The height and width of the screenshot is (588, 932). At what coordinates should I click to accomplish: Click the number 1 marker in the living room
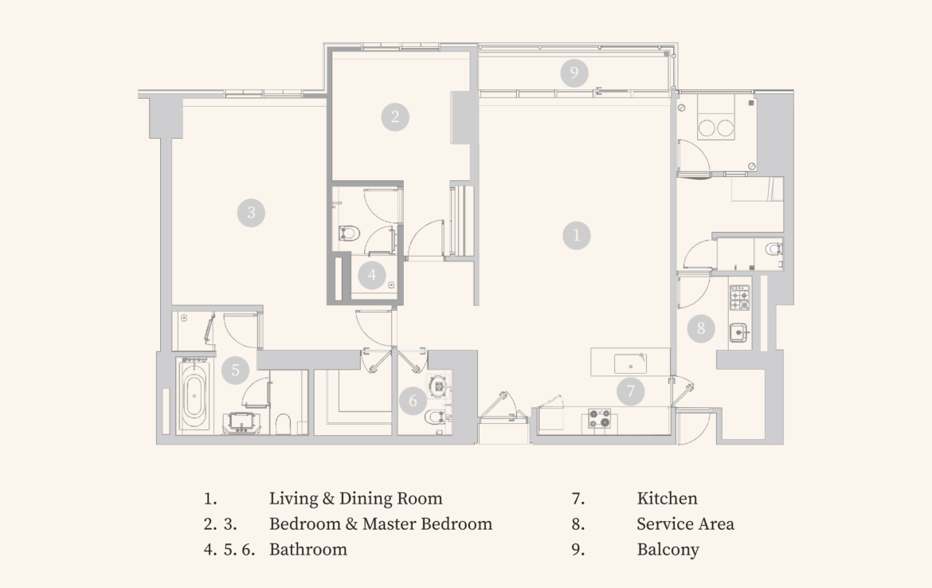pos(576,235)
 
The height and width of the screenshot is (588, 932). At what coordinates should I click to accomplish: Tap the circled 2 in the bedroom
pos(395,117)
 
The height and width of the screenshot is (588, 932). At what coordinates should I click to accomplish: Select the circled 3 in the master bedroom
pos(251,213)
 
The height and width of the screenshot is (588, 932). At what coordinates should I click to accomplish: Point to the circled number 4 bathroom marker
pos(372,275)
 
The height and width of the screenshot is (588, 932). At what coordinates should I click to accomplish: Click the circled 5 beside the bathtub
pos(235,370)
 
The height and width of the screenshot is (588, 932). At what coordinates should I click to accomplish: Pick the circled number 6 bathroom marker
pos(413,401)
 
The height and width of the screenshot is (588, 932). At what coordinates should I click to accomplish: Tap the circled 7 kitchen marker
pos(631,391)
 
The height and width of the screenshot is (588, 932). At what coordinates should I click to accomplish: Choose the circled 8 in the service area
pos(701,328)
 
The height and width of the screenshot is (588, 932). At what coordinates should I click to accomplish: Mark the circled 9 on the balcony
pos(574,73)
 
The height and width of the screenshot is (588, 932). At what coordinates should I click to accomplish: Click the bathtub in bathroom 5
pos(194,395)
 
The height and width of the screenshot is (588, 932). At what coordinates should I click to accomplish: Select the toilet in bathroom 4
pos(350,233)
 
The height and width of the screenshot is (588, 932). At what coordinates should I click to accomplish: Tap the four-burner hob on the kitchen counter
pos(599,418)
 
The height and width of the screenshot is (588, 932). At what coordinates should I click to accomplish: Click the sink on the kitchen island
pos(631,363)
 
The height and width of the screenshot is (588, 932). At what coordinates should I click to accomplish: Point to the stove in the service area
pos(740,297)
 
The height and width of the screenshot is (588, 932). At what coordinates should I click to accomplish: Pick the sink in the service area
pos(738,332)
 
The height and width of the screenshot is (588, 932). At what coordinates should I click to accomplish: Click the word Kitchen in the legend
pos(667,498)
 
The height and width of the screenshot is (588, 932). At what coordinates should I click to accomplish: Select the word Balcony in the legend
pos(668,549)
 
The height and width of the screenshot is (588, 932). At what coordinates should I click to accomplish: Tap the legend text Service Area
pos(685,523)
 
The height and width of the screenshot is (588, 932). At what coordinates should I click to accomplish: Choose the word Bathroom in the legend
pos(308,549)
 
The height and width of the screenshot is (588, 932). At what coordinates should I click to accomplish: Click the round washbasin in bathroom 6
pos(439,386)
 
